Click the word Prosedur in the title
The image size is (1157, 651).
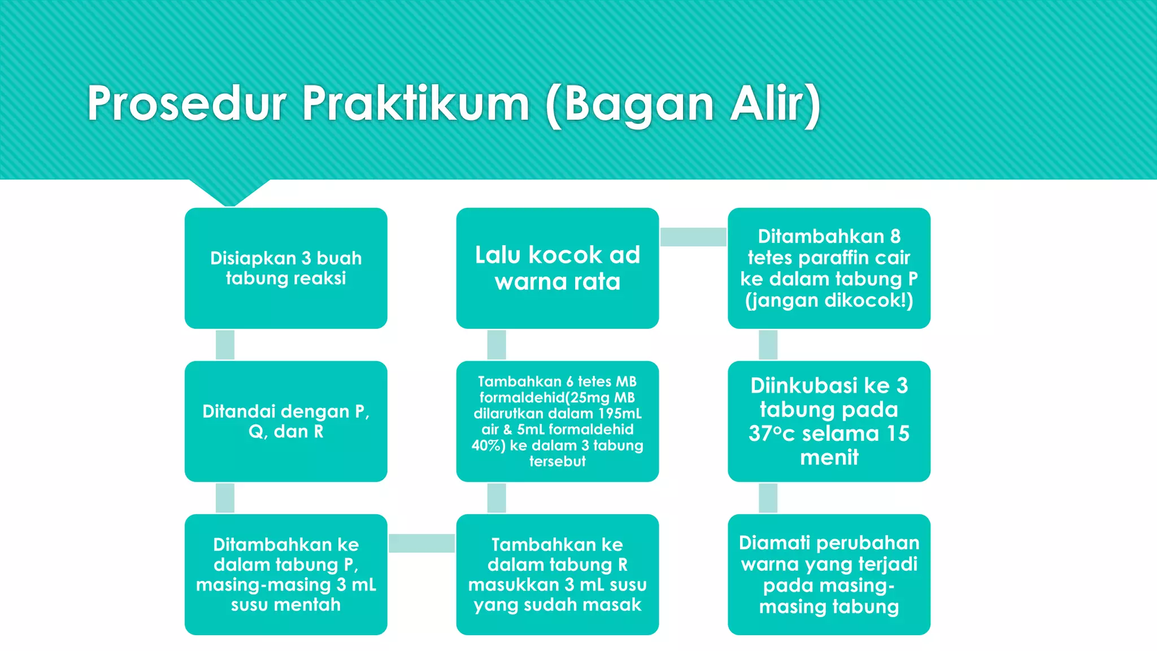click(187, 103)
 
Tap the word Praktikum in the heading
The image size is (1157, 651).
click(416, 103)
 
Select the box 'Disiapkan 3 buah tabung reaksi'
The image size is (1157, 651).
click(286, 268)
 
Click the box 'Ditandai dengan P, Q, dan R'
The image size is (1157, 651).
click(286, 421)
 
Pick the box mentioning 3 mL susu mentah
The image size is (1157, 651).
click(286, 574)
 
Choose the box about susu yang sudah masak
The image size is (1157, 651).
click(557, 574)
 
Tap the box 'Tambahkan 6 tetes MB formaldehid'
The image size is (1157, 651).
click(557, 421)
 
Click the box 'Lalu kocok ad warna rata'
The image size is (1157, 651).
click(557, 268)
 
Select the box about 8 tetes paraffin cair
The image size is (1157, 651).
click(829, 268)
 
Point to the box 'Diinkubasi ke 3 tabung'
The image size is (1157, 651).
click(829, 421)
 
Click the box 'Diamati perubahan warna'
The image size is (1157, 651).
click(829, 574)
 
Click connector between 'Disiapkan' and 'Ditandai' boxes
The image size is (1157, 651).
click(225, 345)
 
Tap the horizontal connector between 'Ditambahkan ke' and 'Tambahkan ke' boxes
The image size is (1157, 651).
click(421, 543)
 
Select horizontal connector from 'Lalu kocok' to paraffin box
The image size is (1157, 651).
click(693, 237)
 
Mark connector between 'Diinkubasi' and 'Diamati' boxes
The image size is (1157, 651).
click(768, 498)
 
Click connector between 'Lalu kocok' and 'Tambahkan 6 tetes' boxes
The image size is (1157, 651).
click(497, 345)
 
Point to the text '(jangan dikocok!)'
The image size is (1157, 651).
click(829, 300)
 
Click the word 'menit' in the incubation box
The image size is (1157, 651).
click(829, 457)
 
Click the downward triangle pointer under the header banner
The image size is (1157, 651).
click(229, 192)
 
